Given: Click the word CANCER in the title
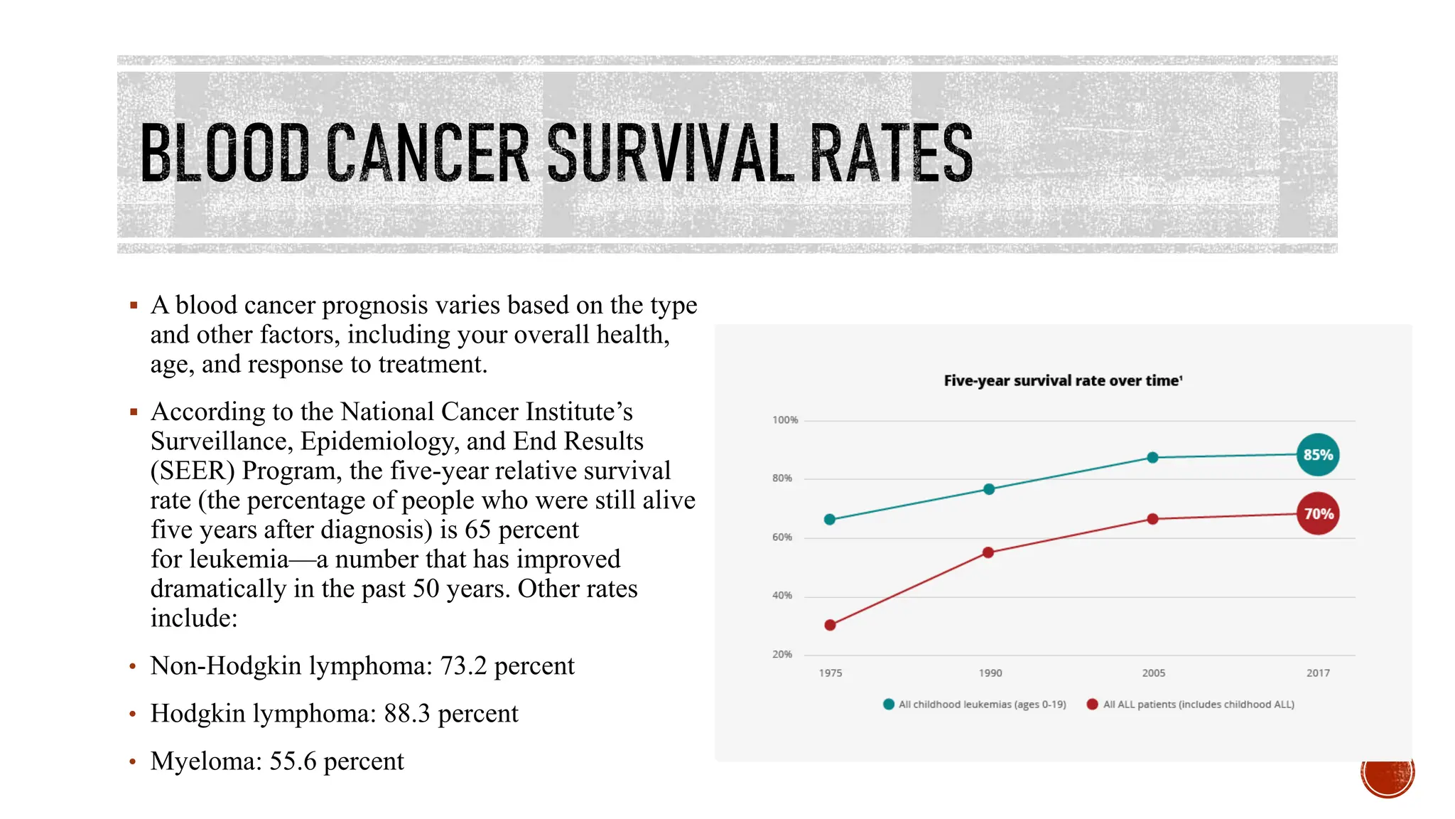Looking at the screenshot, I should coord(428,153).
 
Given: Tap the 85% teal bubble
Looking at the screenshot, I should coord(1318,455).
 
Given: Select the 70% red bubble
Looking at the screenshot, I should coord(1318,514).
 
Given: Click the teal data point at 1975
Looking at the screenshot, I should coord(830,520).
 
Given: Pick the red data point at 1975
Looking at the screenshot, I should coord(830,626).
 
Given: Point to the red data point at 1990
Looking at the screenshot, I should coord(988,552).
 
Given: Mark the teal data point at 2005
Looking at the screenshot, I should coord(1153,458).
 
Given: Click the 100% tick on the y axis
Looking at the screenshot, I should coord(785,420).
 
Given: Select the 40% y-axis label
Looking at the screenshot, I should coord(782,596).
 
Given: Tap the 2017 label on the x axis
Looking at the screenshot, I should coord(1318,673).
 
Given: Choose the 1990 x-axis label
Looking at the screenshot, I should coord(990,673).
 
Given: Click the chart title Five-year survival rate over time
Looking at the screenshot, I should coord(1063,381).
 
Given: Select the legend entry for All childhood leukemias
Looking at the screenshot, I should coord(975,705).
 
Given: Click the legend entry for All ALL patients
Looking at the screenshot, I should coord(1191,705).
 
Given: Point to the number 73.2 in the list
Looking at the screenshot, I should coord(463,666).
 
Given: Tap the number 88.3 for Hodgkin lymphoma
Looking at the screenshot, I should coord(407,714).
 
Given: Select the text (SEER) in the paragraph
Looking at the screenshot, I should coord(193,471).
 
